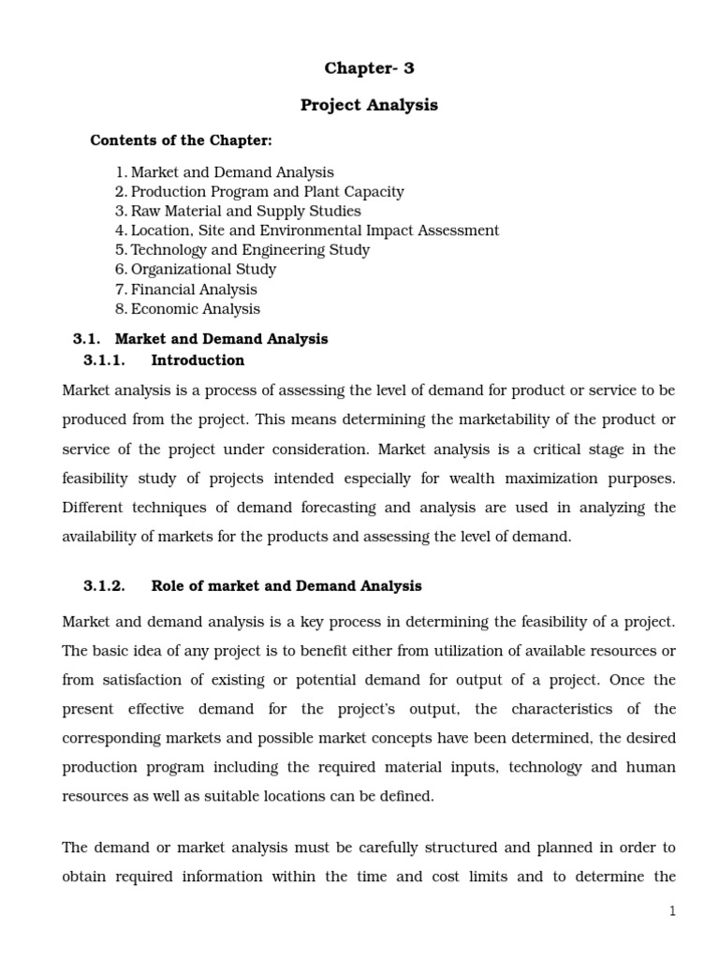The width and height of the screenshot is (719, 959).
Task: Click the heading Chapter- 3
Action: coord(369,67)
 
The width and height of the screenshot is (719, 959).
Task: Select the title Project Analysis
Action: coord(369,105)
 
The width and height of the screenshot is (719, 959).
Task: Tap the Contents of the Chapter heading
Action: coord(181,140)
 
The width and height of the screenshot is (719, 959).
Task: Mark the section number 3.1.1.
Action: coord(104,361)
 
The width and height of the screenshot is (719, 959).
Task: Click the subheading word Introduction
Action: coord(198,361)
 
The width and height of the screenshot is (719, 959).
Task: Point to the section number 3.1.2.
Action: coord(104,586)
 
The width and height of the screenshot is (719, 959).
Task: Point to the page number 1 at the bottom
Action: coord(672,911)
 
